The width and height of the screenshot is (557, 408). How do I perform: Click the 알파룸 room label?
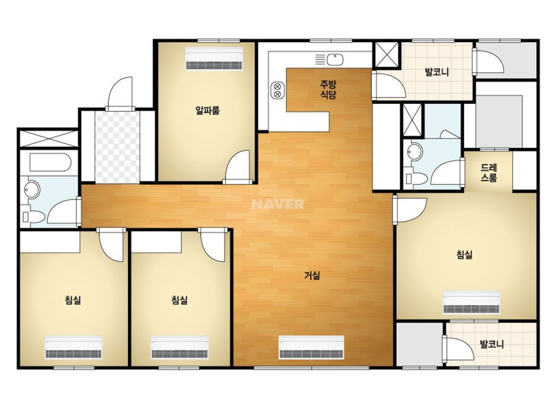coord(208,111)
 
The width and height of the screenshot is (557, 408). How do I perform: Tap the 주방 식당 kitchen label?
coord(328,89)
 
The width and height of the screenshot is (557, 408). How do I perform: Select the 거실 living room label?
coord(313,275)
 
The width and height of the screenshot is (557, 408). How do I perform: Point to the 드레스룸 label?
coord(489,173)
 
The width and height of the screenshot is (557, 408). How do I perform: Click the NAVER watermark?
coord(278,204)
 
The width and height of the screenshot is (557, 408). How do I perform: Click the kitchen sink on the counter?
coord(335,59)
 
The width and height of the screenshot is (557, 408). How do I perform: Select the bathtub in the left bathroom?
coord(51,163)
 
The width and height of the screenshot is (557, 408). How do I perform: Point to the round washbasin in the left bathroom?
coord(32,190)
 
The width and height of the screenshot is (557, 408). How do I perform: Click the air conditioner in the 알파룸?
coord(214,59)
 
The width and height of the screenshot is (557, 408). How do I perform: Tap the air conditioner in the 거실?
coord(311,347)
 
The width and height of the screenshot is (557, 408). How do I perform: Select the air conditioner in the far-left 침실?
coord(74,347)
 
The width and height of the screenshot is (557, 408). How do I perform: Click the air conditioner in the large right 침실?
coord(471,302)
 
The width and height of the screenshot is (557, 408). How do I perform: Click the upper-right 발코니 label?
coord(437,72)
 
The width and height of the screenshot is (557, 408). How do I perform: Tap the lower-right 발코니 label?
coord(492,344)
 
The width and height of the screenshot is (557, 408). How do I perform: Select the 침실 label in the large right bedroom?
coord(464,254)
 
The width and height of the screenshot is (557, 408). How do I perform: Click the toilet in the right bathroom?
coord(416,178)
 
